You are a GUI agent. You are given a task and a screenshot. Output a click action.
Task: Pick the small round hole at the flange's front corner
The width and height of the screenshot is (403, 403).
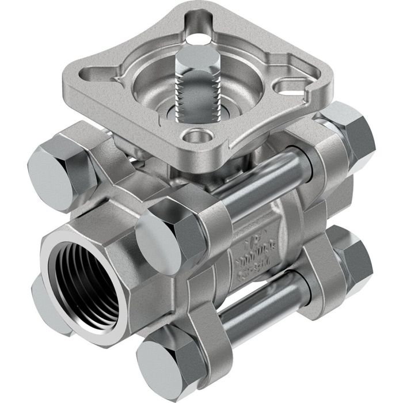click(196, 139)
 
